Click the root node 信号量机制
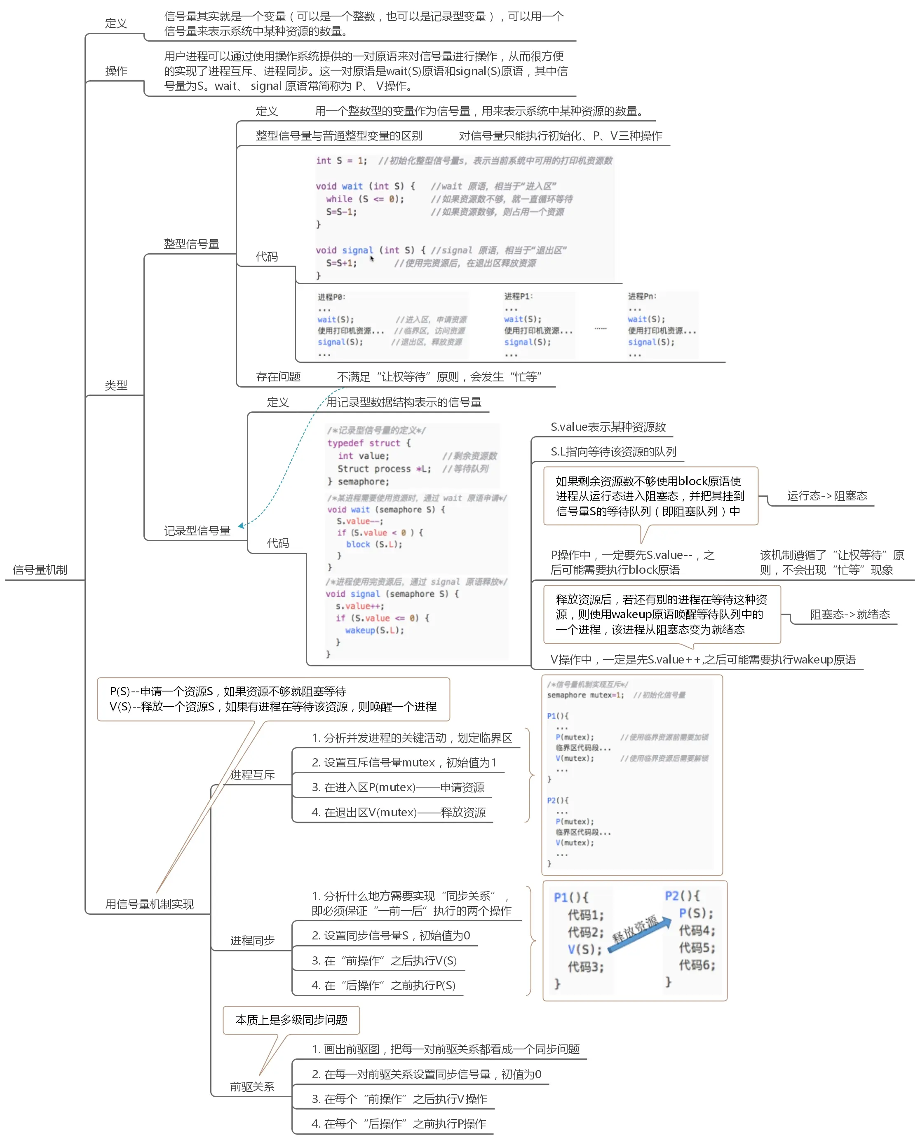point(40,570)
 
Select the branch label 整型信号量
point(191,244)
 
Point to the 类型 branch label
point(116,385)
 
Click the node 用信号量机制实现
point(150,904)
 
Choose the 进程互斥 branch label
point(252,775)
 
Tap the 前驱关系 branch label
point(252,1087)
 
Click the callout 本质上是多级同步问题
point(291,1020)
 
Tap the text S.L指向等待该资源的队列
point(613,452)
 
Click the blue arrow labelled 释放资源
point(638,934)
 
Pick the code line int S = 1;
point(341,161)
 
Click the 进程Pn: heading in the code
point(642,297)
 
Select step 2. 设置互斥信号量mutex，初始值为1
point(404,762)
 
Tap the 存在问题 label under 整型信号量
point(278,377)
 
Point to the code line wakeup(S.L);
point(374,631)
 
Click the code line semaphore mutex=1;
point(585,695)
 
